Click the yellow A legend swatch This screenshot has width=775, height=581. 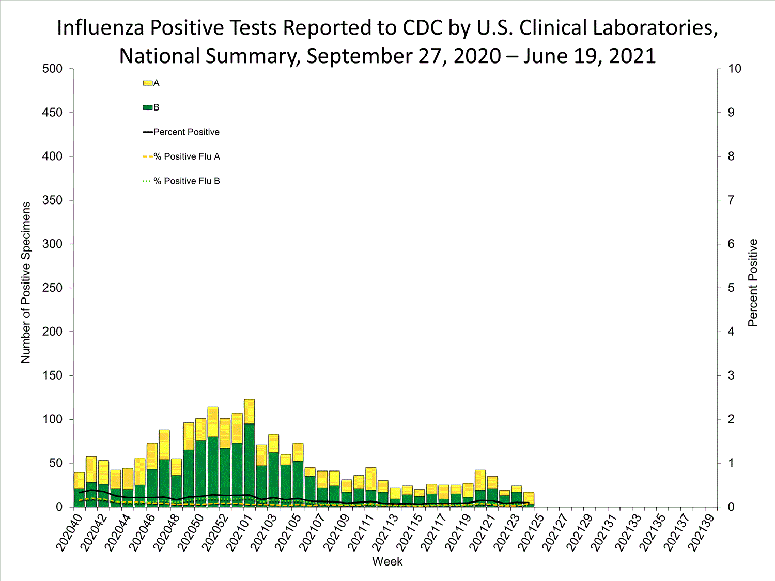147,83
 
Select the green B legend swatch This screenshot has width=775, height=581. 147,107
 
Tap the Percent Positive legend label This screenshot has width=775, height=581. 186,132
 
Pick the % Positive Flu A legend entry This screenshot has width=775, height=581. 187,156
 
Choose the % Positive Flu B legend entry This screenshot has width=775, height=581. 187,181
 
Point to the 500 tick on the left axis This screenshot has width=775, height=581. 52,69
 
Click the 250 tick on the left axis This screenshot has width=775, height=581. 52,288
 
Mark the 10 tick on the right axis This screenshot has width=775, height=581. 734,69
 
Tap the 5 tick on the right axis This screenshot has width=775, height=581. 731,288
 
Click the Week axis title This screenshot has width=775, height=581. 387,562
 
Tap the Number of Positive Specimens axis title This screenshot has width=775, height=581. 26,282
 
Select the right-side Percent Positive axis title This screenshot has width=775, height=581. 753,282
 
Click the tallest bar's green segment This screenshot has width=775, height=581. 249,465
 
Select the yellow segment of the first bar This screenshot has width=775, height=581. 79,480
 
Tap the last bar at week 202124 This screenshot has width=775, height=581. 529,499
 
